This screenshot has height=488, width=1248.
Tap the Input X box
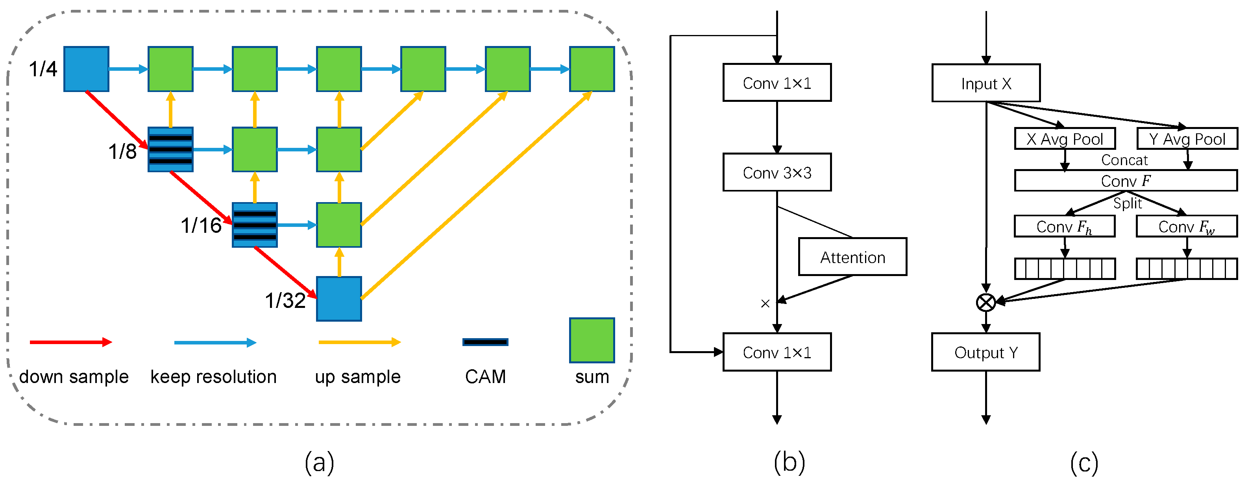985,83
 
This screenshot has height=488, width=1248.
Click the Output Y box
985,352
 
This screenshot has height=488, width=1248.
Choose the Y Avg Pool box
1187,139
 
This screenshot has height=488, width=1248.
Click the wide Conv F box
1126,180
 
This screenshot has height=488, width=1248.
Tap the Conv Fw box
1187,226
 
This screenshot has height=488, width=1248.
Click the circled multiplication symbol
985,302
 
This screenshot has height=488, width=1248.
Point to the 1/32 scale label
285,301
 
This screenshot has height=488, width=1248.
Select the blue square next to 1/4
86,69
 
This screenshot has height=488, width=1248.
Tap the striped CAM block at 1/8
170,149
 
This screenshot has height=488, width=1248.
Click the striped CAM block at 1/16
255,225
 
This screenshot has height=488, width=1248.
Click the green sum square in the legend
592,340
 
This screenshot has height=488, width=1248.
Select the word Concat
1124,160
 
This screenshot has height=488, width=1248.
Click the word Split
1127,203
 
